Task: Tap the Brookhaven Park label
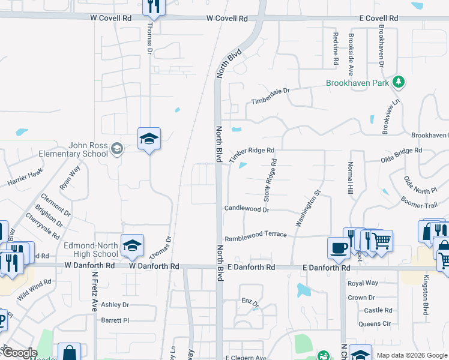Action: point(358,83)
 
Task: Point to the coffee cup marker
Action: point(339,248)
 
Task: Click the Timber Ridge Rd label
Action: point(252,154)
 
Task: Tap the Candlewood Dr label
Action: point(247,209)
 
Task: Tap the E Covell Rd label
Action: point(379,19)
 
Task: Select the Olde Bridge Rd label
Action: point(402,155)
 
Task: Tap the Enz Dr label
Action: point(250,304)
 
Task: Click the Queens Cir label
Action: point(375,324)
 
